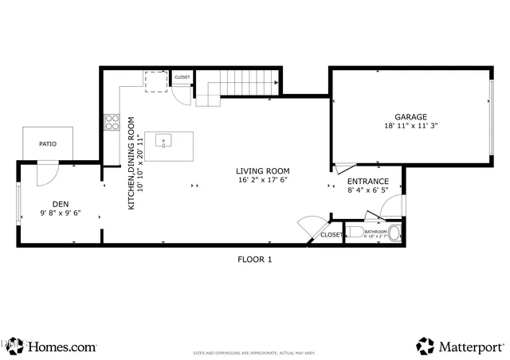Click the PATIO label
(48, 144)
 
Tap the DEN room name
(61, 203)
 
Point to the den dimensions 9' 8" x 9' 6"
(61, 213)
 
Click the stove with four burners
(112, 123)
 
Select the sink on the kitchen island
(163, 142)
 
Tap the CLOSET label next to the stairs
(182, 77)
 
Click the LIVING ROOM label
(262, 171)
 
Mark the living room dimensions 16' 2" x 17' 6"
(262, 181)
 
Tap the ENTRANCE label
(367, 181)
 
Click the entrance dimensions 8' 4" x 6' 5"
(367, 190)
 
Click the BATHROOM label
(375, 231)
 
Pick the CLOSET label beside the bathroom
(331, 235)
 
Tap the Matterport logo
(461, 346)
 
